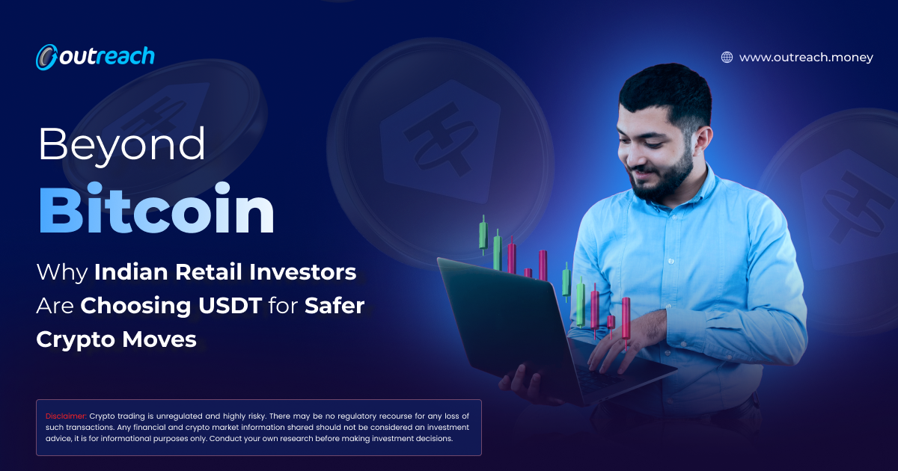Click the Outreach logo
pyautogui.click(x=95, y=56)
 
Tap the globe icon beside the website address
pyautogui.click(x=727, y=58)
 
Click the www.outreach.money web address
pyautogui.click(x=806, y=58)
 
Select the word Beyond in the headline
pyautogui.click(x=122, y=145)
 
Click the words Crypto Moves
pyautogui.click(x=116, y=339)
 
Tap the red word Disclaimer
pyautogui.click(x=66, y=416)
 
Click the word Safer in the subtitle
pyautogui.click(x=335, y=306)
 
